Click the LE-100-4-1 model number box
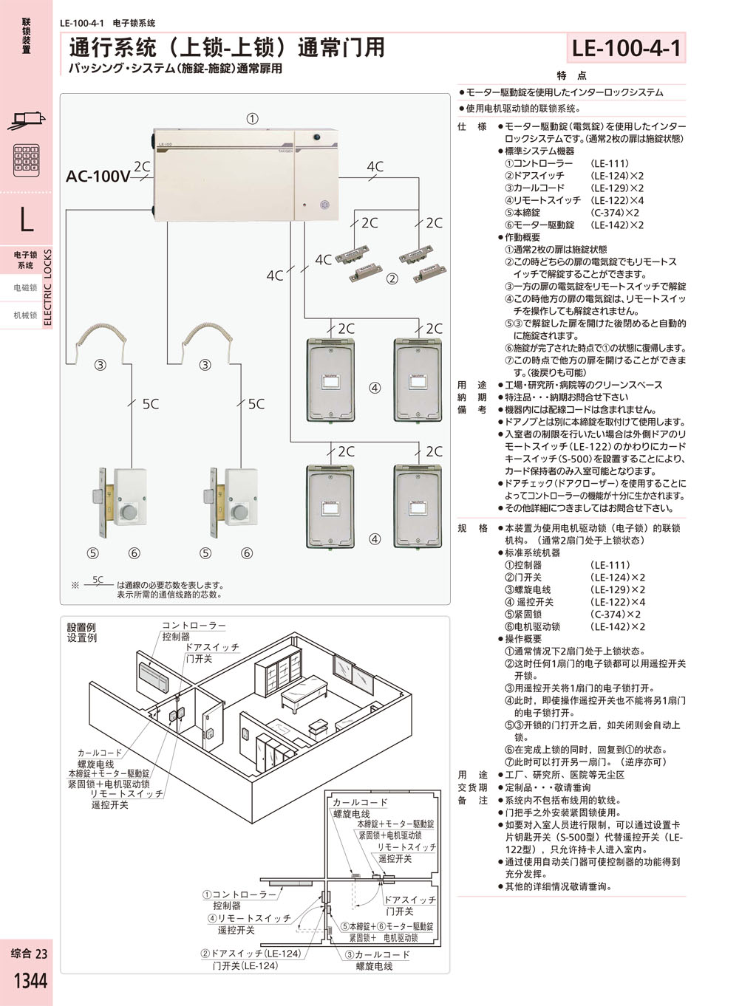pyautogui.click(x=626, y=47)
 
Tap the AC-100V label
pyautogui.click(x=98, y=176)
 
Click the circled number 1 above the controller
pyautogui.click(x=252, y=119)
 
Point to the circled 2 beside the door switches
pyautogui.click(x=392, y=278)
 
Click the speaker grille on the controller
pyautogui.click(x=324, y=205)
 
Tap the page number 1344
pyautogui.click(x=30, y=980)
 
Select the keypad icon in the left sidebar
pyautogui.click(x=27, y=160)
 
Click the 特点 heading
pyautogui.click(x=571, y=75)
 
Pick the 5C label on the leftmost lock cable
pyautogui.click(x=151, y=404)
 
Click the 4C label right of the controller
pyautogui.click(x=375, y=167)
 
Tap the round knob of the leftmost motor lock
pyautogui.click(x=129, y=512)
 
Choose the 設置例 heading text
pyautogui.click(x=81, y=627)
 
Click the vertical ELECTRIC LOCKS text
pyautogui.click(x=48, y=287)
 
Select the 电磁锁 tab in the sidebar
pyautogui.click(x=25, y=287)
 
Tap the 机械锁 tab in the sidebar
pyautogui.click(x=25, y=315)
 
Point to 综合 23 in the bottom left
pyautogui.click(x=30, y=954)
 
